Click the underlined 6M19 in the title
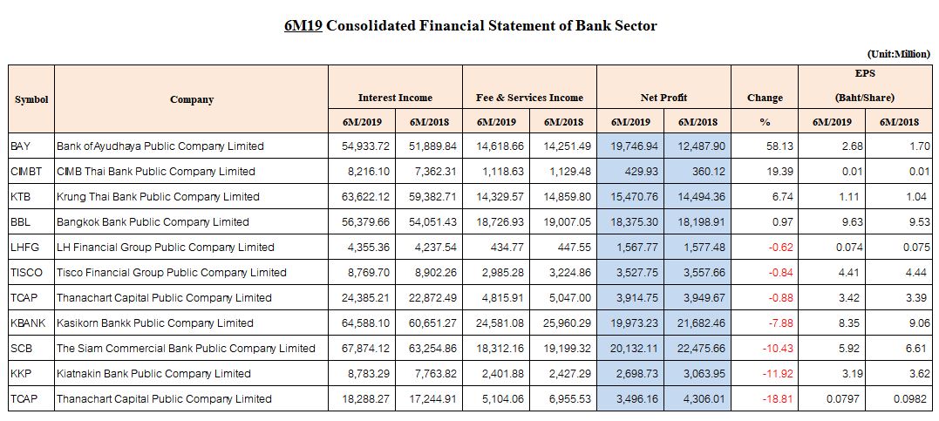(303, 26)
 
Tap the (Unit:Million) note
(898, 54)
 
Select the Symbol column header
(31, 99)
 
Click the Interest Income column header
(395, 98)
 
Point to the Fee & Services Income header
(529, 98)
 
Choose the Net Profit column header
(663, 98)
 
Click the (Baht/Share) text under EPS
(865, 98)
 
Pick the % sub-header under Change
(765, 122)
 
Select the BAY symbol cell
(20, 146)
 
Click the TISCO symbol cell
(27, 273)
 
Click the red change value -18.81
(779, 399)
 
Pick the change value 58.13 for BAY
(780, 146)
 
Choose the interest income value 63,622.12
(365, 197)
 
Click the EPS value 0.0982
(914, 399)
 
